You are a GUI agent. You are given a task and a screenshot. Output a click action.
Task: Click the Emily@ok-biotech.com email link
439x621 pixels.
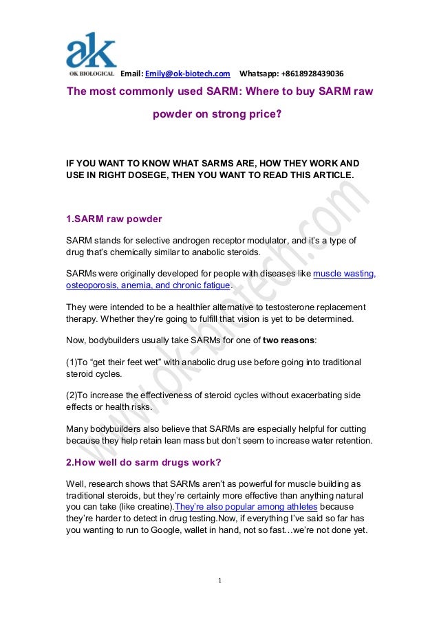click(x=187, y=74)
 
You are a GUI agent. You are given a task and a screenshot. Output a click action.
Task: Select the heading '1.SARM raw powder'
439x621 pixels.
click(x=114, y=219)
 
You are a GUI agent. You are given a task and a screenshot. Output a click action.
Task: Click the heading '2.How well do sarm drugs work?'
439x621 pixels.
click(x=143, y=461)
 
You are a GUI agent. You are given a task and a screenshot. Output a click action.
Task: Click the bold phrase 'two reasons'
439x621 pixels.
click(x=292, y=340)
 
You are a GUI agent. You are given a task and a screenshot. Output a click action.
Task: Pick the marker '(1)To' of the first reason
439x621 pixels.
click(x=78, y=362)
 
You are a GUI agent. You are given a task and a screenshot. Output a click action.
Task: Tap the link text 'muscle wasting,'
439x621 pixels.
click(x=344, y=274)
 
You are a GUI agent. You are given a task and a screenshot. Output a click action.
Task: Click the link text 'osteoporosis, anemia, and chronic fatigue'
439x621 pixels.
click(x=148, y=286)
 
